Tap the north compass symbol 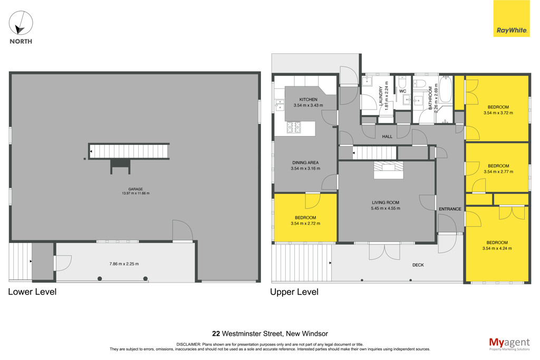click(21, 23)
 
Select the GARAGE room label click(136, 189)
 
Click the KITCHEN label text click(308, 100)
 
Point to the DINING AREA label click(305, 162)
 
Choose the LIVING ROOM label click(385, 203)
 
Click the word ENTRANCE click(450, 209)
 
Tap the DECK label click(418, 265)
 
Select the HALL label click(387, 137)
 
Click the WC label click(402, 91)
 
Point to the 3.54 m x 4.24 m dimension click(497, 248)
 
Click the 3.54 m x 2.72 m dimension click(305, 223)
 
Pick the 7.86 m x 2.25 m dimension click(124, 264)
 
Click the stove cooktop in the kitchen click(294, 128)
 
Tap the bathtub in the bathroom click(445, 90)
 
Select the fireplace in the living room click(389, 170)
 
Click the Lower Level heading click(32, 292)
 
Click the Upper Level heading click(294, 292)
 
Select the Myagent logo click(509, 344)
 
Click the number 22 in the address click(216, 334)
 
